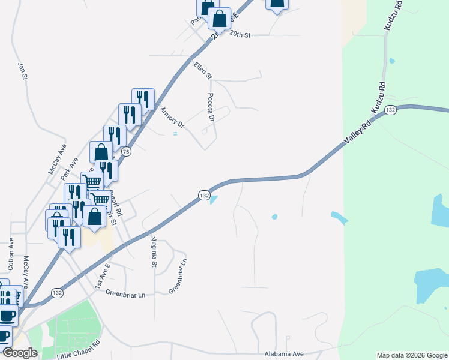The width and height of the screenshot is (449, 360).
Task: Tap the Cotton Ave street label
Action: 11,253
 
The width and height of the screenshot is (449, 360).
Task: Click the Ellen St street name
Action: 203,70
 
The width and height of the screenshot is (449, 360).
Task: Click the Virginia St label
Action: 154,252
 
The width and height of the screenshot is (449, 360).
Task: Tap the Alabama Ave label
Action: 285,355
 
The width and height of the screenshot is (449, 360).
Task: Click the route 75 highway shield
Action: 125,152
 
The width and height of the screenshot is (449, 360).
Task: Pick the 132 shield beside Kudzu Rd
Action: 391,110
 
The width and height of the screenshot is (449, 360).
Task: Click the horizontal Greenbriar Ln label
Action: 125,295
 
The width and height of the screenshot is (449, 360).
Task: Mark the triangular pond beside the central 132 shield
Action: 214,200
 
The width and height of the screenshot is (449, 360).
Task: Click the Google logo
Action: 20,353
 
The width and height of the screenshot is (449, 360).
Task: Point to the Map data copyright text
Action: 411,355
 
